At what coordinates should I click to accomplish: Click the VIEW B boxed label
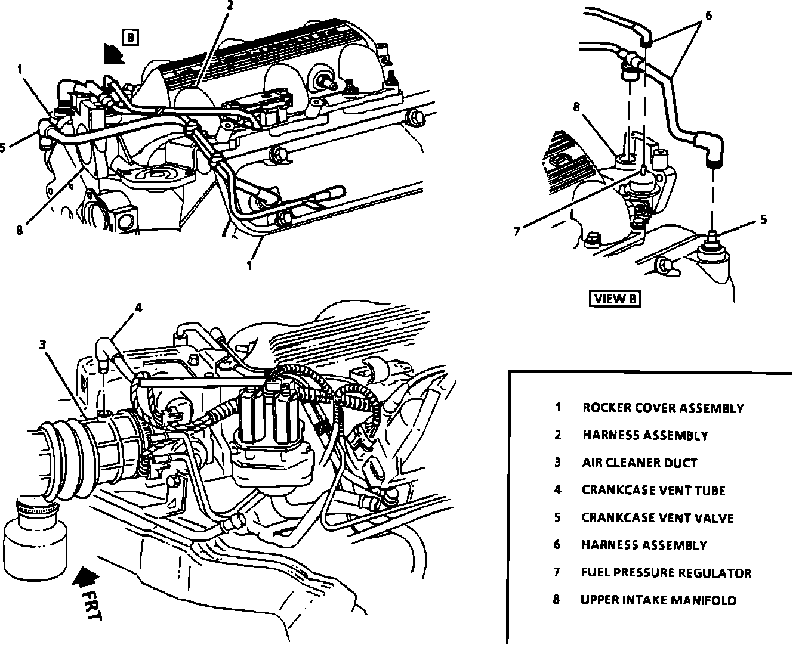pos(616,299)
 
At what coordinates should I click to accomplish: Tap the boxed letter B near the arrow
pos(131,38)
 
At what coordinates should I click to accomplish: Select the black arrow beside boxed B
pos(112,54)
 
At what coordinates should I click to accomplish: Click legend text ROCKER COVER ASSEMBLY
pos(663,408)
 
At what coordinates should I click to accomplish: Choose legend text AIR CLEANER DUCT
pos(639,463)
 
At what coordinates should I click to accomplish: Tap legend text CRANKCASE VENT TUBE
pos(653,491)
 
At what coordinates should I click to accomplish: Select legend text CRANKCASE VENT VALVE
pos(657,518)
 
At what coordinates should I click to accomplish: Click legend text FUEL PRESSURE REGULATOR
pos(666,573)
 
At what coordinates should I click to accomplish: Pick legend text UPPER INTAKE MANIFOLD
pos(658,600)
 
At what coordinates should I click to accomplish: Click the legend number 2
pos(557,435)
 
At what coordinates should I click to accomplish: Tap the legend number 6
pos(557,545)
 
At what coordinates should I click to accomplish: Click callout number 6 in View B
pos(708,15)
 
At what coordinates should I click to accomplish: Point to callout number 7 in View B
pos(517,232)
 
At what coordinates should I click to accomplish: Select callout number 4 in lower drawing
pos(138,308)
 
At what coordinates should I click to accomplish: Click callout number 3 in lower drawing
pos(43,344)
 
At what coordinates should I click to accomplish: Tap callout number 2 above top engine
pos(230,5)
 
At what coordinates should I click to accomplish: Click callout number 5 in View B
pos(763,220)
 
